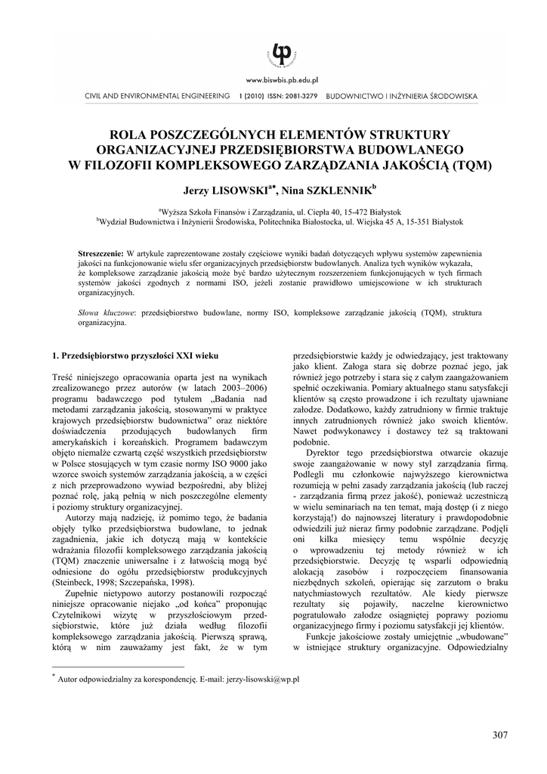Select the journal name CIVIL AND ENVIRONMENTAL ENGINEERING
coord(157,97)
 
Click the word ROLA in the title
coord(129,133)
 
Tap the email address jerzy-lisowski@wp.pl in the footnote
coord(260,680)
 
